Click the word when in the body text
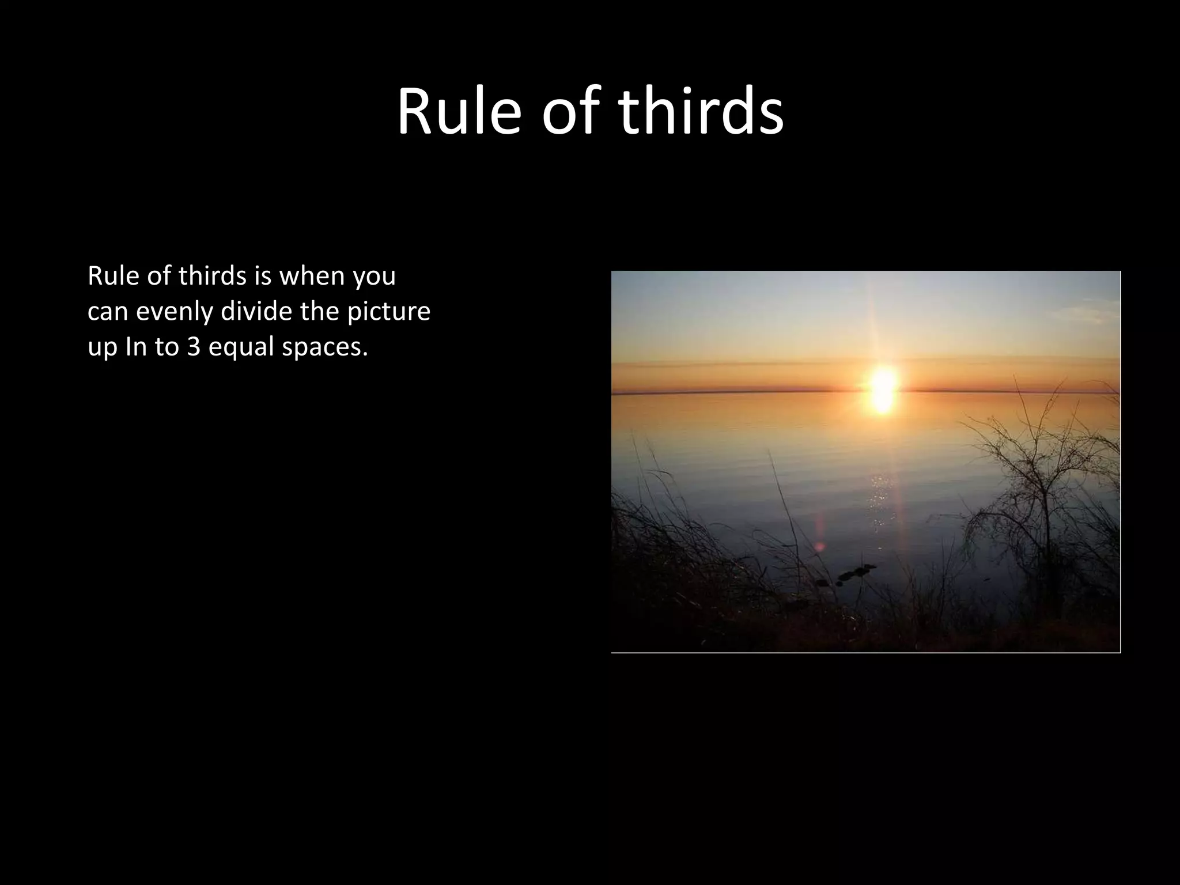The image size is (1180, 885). point(312,276)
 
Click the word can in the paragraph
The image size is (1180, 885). point(108,312)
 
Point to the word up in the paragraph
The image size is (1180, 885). point(103,347)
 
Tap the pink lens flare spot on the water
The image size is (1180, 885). point(819,539)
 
